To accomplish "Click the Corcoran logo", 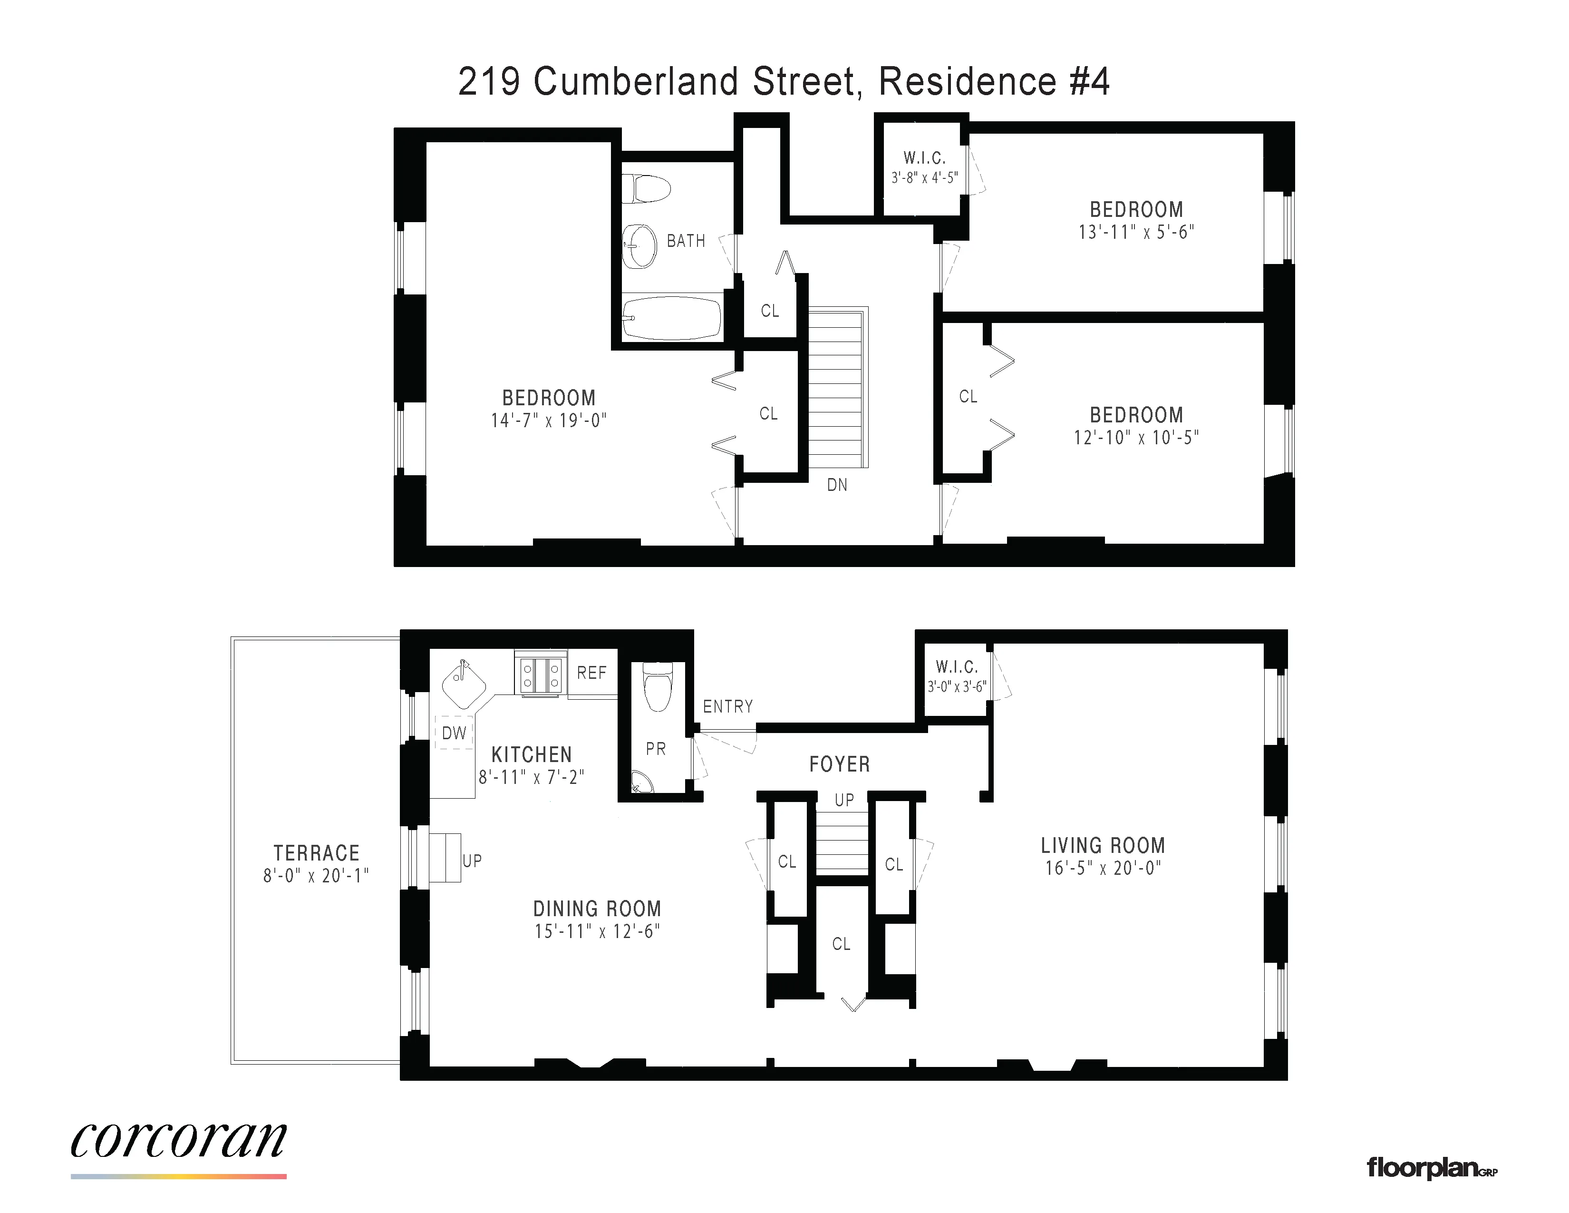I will [x=178, y=1140].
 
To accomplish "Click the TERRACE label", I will [x=316, y=853].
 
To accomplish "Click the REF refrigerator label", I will [x=592, y=673].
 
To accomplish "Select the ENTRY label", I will [x=728, y=706].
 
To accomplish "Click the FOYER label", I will [x=839, y=764].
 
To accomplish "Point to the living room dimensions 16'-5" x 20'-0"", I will [x=1103, y=868].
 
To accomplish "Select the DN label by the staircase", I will [x=837, y=485].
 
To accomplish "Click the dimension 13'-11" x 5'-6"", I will [x=1136, y=232].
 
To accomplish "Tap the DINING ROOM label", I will [x=597, y=908].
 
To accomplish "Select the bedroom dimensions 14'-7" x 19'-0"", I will [x=549, y=421].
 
